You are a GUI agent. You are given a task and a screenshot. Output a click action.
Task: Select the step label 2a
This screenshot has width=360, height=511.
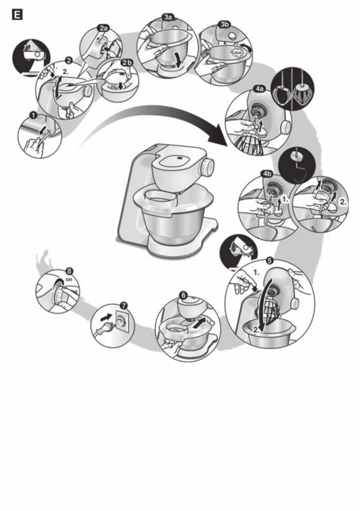(103, 27)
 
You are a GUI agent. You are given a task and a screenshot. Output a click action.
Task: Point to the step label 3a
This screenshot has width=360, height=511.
(168, 17)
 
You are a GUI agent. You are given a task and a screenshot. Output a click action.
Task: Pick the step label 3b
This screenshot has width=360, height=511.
(224, 24)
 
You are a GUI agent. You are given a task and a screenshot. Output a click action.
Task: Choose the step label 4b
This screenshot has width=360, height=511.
(267, 174)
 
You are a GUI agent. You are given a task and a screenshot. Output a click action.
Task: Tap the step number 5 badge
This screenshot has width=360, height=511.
(269, 260)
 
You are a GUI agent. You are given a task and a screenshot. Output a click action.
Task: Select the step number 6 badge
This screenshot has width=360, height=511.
(183, 295)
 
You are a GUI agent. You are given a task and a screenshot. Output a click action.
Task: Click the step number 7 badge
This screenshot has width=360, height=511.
(123, 305)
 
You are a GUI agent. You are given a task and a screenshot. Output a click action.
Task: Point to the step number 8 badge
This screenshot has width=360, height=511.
(70, 271)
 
